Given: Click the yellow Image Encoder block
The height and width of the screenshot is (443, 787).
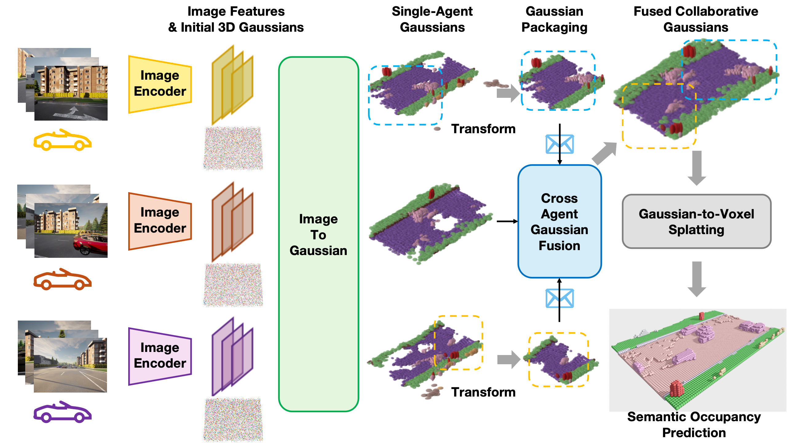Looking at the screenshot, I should point(160,84).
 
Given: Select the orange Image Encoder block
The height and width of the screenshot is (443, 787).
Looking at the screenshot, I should point(160,221).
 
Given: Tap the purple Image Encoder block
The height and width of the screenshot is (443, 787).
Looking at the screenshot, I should point(160,356).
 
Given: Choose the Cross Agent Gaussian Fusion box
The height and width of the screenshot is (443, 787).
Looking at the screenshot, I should point(560,221).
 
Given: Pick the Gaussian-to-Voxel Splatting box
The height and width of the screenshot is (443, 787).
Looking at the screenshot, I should point(696,221).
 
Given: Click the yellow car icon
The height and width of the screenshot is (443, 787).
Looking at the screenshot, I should point(62,140).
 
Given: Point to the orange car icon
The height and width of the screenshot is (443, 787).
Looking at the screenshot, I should point(62,279).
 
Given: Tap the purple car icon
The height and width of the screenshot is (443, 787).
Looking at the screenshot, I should point(62,412).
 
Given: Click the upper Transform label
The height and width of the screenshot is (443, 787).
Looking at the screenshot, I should point(483,129).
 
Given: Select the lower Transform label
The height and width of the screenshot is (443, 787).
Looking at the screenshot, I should point(483,392).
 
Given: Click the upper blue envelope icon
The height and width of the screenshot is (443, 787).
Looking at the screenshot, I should point(560,144).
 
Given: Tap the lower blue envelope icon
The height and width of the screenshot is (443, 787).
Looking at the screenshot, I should point(560,298).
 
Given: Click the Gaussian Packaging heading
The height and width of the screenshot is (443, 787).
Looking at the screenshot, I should point(554,19).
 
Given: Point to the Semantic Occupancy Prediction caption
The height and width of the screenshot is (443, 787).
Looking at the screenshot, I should point(694,425).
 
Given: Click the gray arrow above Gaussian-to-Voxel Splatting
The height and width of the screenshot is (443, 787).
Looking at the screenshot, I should point(697,168).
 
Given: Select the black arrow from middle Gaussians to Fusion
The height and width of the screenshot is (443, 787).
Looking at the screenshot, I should point(507,221).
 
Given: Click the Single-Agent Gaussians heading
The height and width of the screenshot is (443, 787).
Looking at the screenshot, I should point(432,19).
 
